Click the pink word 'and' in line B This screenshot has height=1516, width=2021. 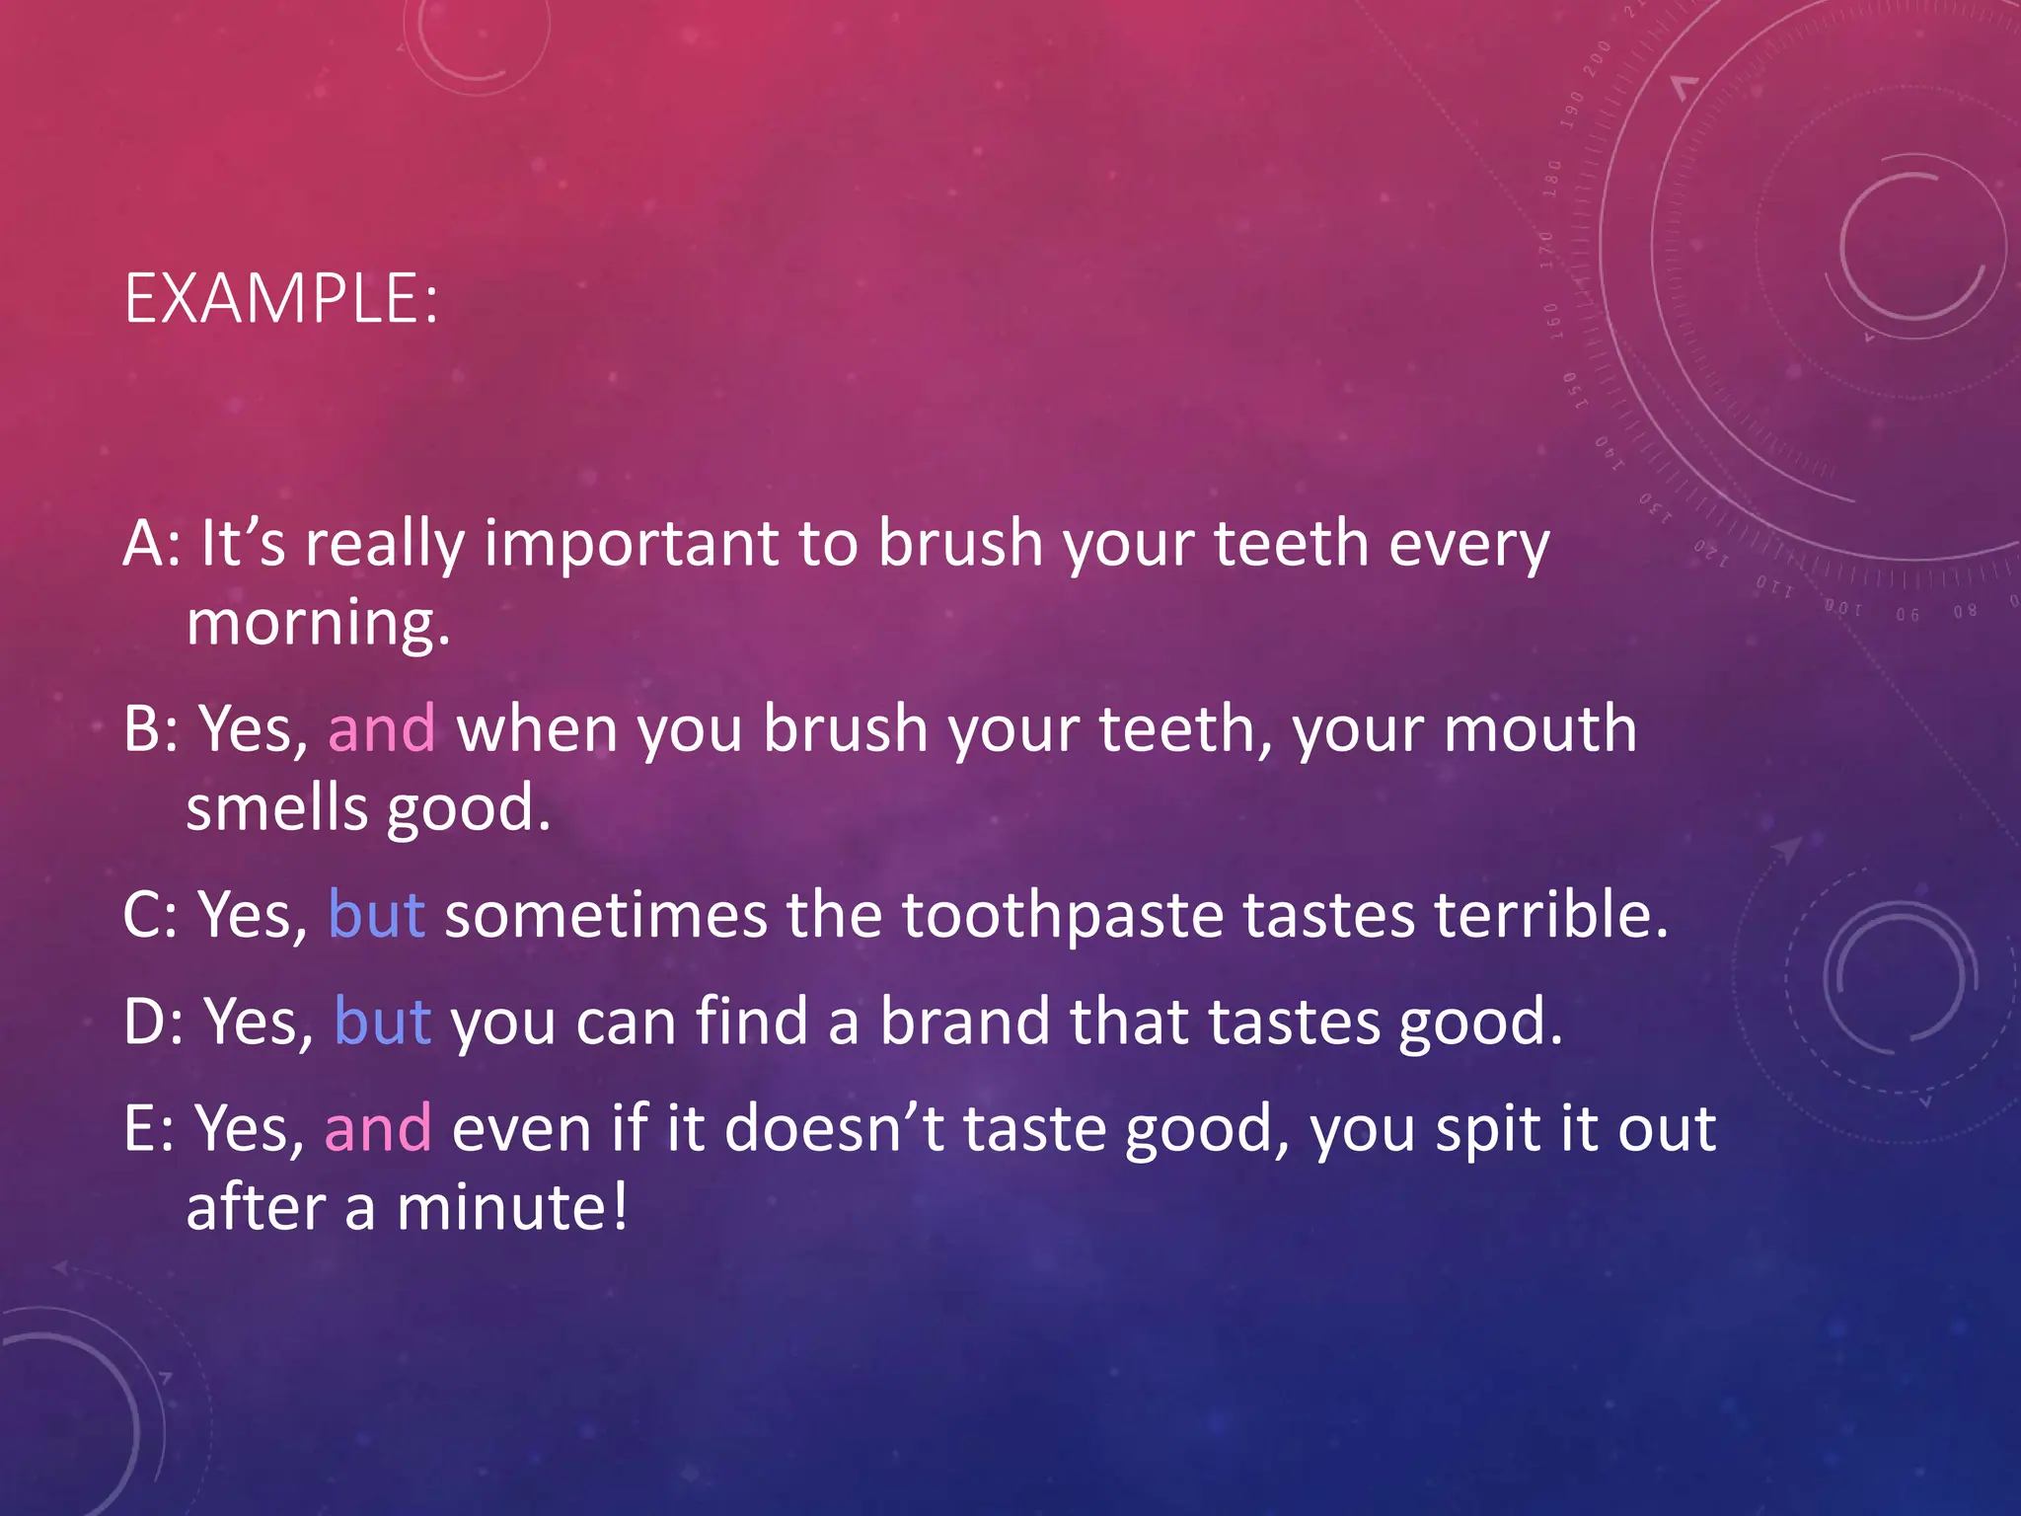coord(381,728)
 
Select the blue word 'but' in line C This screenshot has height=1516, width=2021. coord(376,914)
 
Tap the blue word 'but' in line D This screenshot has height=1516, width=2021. coord(382,1021)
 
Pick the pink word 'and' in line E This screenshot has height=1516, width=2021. coord(378,1127)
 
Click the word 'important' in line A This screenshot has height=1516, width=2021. coord(631,545)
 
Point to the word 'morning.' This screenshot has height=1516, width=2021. coord(318,624)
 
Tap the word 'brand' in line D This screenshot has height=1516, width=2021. coord(964,1021)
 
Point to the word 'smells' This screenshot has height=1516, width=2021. coord(276,807)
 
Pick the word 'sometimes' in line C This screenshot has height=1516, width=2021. coord(605,914)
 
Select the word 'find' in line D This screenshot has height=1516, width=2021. coord(752,1021)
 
